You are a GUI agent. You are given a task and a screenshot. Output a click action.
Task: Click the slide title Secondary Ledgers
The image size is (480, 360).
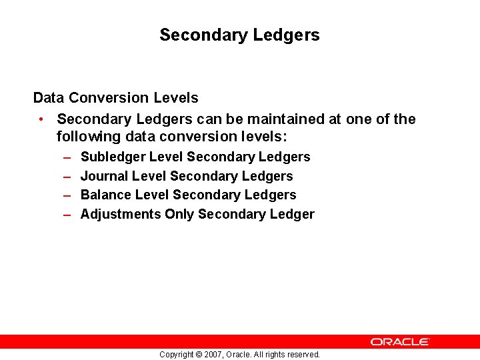coord(239,35)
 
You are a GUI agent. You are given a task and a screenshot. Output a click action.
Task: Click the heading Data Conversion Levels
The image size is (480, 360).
coord(115,98)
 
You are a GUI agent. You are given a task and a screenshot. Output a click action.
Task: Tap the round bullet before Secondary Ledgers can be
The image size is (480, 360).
coord(41,119)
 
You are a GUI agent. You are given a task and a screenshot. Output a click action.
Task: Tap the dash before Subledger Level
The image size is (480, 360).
coord(67,157)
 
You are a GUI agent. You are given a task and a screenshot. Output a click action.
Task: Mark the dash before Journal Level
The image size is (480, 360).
coord(67,176)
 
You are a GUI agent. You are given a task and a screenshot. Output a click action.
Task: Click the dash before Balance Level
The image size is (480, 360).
coord(67,195)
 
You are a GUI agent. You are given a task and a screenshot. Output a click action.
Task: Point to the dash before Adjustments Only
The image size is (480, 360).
coord(67,214)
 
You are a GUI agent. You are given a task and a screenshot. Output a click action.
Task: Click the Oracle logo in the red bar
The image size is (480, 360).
coord(400,341)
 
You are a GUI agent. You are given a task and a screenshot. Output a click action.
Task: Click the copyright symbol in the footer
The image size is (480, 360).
coord(198,355)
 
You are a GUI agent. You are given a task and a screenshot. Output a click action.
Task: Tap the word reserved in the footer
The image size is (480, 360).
coord(302,355)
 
